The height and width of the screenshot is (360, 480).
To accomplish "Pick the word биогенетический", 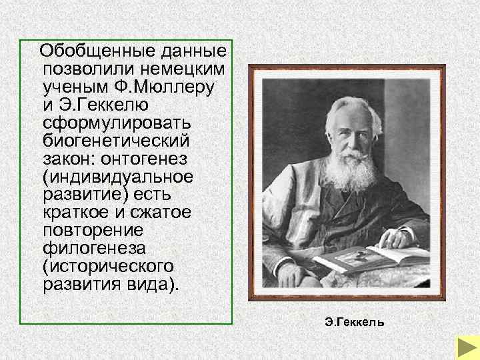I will [x=115, y=141].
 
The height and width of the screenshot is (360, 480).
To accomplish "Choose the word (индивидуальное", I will [x=117, y=177].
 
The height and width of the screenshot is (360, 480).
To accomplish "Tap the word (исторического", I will [x=107, y=266].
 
